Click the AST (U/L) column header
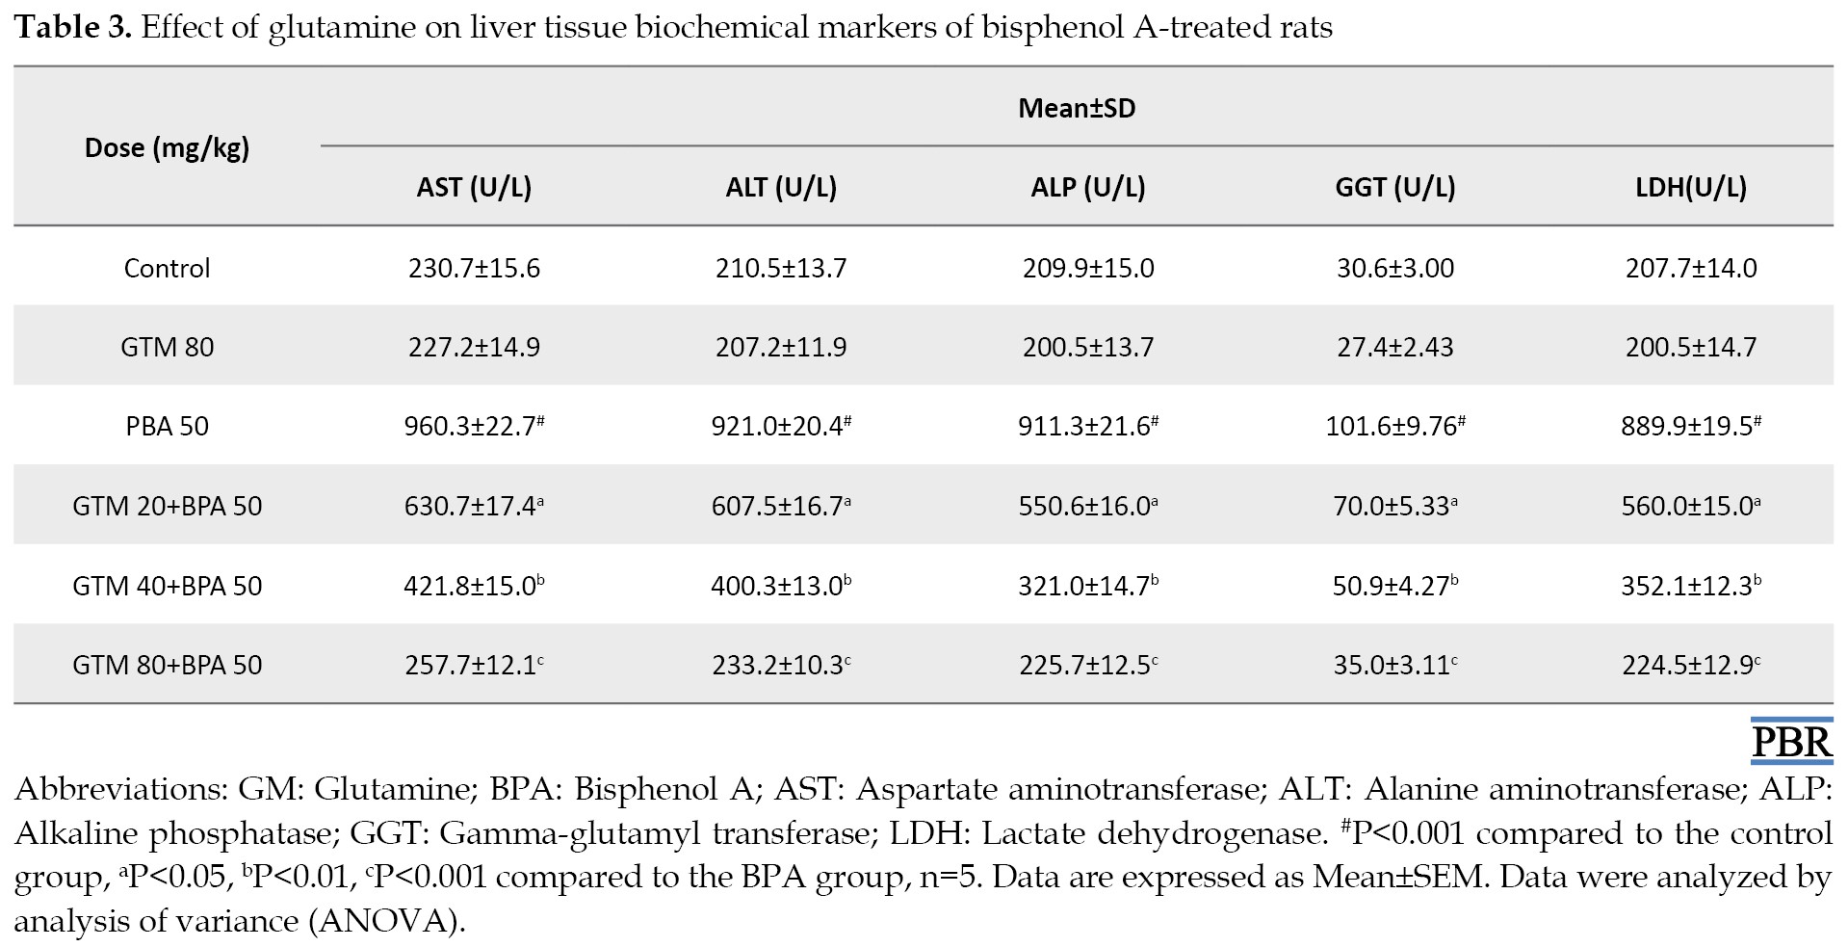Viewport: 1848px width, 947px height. [x=474, y=187]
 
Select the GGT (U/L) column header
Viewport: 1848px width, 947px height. [x=1395, y=187]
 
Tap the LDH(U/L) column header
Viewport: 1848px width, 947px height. [x=1691, y=187]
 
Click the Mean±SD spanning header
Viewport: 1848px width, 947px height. [x=1077, y=108]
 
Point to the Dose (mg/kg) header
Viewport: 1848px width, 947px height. [x=168, y=147]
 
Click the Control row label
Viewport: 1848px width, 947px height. [x=167, y=268]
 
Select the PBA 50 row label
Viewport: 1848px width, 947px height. [x=168, y=426]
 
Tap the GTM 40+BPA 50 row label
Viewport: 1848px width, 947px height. [x=168, y=586]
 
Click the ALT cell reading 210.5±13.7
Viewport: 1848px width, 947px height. [x=781, y=268]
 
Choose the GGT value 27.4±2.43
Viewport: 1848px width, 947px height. [x=1395, y=347]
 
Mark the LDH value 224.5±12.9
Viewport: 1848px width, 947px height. [x=1692, y=665]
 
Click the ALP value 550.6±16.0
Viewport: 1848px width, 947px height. [x=1088, y=505]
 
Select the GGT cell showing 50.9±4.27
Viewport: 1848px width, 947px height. [x=1395, y=585]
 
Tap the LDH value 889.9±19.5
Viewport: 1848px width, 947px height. [x=1691, y=425]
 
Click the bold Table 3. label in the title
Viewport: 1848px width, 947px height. [x=73, y=28]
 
